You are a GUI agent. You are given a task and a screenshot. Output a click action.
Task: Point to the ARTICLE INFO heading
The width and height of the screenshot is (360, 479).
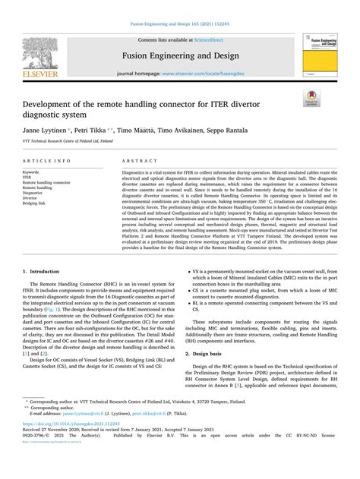tap(49, 162)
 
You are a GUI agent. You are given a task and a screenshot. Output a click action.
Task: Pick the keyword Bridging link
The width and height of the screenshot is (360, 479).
tap(36, 203)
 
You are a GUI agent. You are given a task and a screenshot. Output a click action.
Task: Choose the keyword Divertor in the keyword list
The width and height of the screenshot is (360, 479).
tap(33, 198)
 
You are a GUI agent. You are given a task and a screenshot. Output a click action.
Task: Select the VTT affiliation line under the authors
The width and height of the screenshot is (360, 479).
tap(68, 141)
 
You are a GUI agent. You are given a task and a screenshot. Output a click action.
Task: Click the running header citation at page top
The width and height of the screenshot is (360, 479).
tap(179, 6)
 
